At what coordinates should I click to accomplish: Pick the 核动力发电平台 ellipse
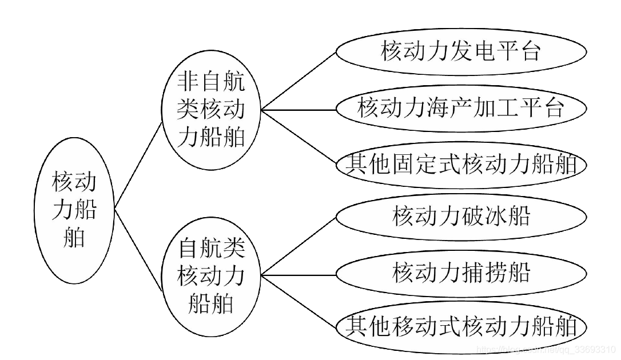click(461, 51)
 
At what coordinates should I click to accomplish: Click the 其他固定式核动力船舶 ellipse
click(461, 165)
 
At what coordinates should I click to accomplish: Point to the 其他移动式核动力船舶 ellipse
click(461, 327)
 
